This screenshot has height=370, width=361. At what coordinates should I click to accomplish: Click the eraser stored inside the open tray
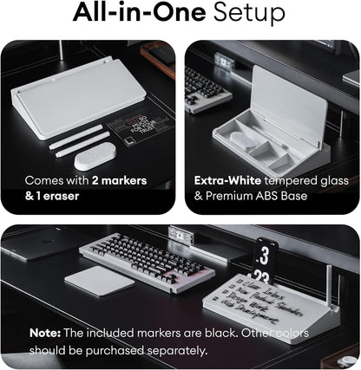pos(245,141)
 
